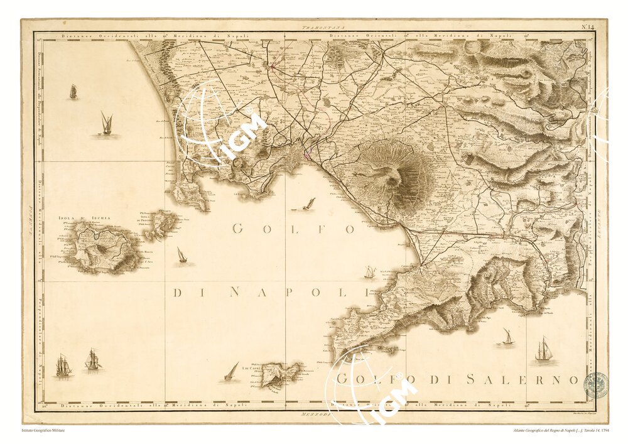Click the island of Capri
[x=281, y=373]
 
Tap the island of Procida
[x=162, y=224]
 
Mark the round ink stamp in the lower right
[x=595, y=384]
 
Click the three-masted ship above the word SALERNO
[x=543, y=349]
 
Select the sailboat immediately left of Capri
[x=232, y=371]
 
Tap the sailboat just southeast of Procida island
[x=181, y=255]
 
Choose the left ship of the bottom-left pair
[x=63, y=365]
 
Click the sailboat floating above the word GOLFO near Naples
[x=307, y=204]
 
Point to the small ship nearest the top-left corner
[x=73, y=92]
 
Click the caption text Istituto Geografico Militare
[x=43, y=430]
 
